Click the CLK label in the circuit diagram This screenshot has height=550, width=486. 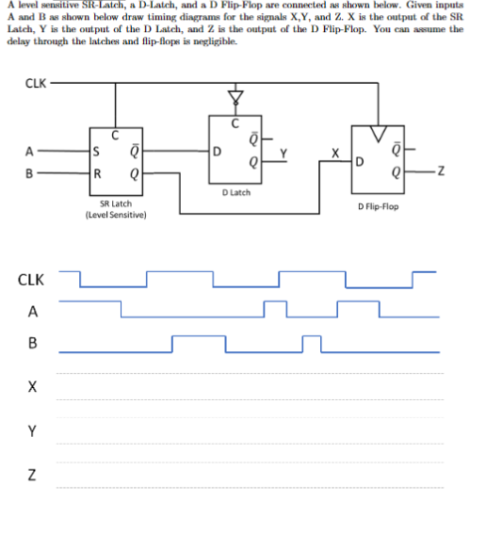pyautogui.click(x=34, y=82)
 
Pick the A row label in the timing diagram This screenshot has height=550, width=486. pyautogui.click(x=34, y=313)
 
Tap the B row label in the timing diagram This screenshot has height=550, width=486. pyautogui.click(x=34, y=347)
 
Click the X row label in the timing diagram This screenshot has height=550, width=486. pyautogui.click(x=34, y=387)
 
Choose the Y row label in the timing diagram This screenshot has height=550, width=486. pyautogui.click(x=34, y=430)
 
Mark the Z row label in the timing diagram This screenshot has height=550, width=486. pyautogui.click(x=34, y=476)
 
